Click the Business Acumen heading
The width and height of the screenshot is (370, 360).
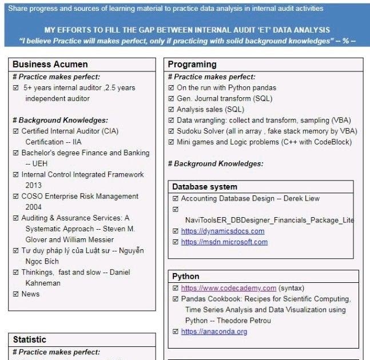tap(50, 65)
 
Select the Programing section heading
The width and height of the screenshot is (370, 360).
tap(192, 65)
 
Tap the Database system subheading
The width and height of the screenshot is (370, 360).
tap(205, 187)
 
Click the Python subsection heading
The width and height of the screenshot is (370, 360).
tap(186, 277)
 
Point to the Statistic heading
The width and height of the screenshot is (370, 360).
tap(30, 340)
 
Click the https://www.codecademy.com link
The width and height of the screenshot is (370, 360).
tap(229, 288)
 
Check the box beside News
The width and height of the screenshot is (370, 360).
tap(15, 294)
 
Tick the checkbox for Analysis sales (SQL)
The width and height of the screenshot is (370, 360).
tap(171, 110)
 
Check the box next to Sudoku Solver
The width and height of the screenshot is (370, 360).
tap(171, 131)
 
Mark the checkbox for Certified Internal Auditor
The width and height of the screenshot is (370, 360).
tap(15, 131)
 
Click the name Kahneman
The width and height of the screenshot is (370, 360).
tap(42, 283)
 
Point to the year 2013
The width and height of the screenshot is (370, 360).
tap(33, 186)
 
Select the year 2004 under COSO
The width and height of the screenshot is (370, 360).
tap(33, 207)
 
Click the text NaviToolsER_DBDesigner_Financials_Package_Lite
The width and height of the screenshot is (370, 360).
tap(269, 220)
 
